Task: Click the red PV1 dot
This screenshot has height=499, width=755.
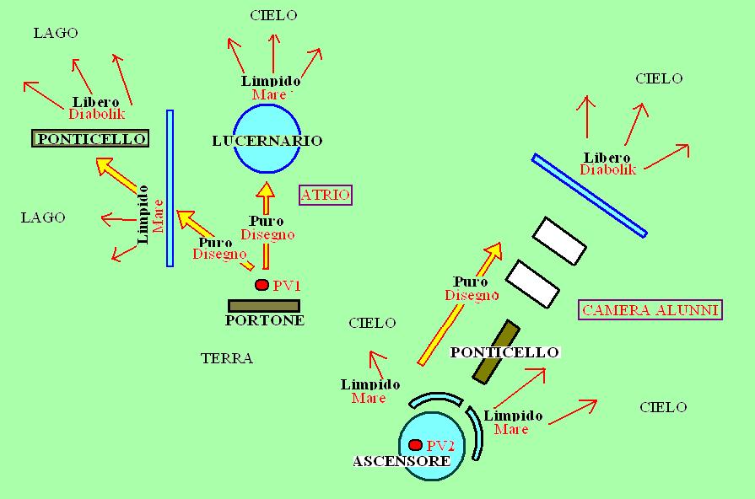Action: (x=262, y=285)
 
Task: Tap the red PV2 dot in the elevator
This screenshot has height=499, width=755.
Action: (x=414, y=445)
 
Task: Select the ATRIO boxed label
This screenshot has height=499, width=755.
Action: (x=325, y=196)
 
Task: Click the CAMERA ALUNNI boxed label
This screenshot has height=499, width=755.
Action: (x=650, y=310)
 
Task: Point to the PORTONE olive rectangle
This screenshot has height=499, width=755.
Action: (x=263, y=306)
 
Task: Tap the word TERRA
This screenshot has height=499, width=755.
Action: (x=227, y=358)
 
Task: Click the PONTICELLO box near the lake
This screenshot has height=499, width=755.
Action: (x=90, y=138)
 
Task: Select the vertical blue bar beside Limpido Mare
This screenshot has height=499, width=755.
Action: (x=170, y=188)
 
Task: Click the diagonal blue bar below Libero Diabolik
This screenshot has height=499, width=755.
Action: (x=590, y=196)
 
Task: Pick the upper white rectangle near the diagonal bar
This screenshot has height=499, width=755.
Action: (x=559, y=240)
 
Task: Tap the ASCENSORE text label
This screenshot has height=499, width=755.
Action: (x=401, y=462)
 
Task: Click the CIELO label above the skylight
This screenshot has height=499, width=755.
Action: (x=273, y=15)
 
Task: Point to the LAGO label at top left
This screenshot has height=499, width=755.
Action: (x=55, y=33)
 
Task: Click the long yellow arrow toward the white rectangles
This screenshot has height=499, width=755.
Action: (x=460, y=303)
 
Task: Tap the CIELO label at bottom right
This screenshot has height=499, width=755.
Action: (x=662, y=407)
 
